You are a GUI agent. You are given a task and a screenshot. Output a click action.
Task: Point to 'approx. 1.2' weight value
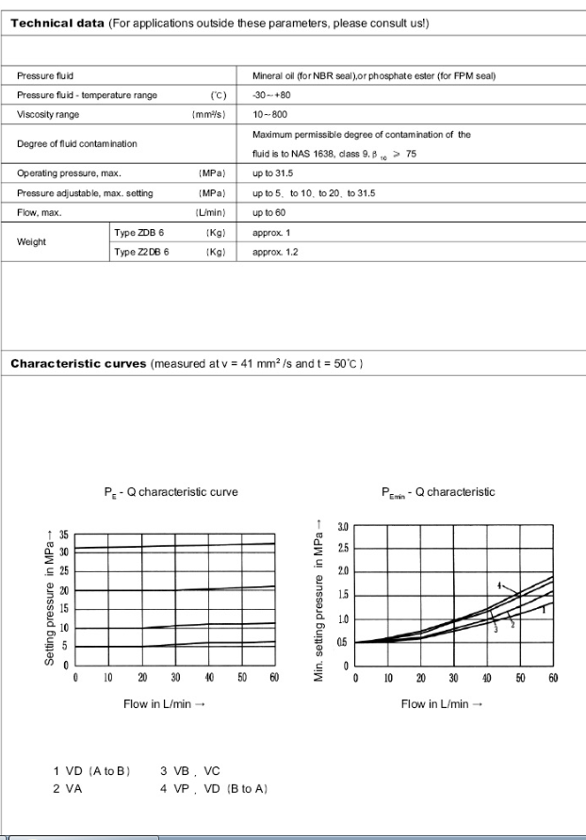[x=276, y=253]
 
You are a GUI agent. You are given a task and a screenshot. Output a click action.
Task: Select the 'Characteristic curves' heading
[x=78, y=364]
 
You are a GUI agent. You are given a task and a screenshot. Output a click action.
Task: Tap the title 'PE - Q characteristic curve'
[x=171, y=492]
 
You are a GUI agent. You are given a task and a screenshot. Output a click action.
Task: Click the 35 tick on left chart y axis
[x=65, y=535]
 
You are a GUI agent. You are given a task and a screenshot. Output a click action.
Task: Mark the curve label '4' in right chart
[x=501, y=585]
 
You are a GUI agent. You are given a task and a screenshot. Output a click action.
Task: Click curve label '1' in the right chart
[x=544, y=609]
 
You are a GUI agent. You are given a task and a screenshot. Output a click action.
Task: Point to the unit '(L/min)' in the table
[x=212, y=213]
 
